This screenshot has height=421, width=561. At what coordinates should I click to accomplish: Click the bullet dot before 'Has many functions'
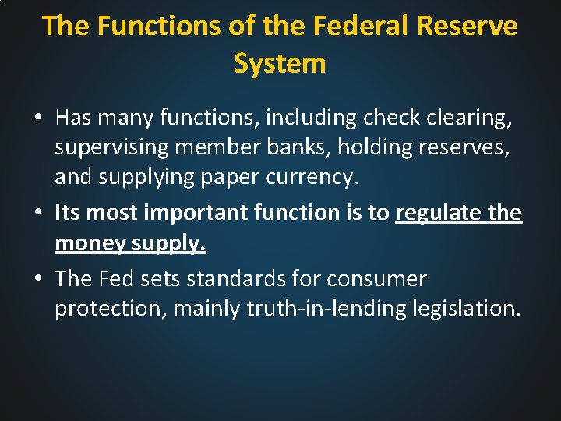coord(37,118)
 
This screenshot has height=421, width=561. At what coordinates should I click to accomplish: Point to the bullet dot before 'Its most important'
coord(37,213)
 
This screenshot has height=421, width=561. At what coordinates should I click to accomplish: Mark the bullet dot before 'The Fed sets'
coord(37,278)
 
